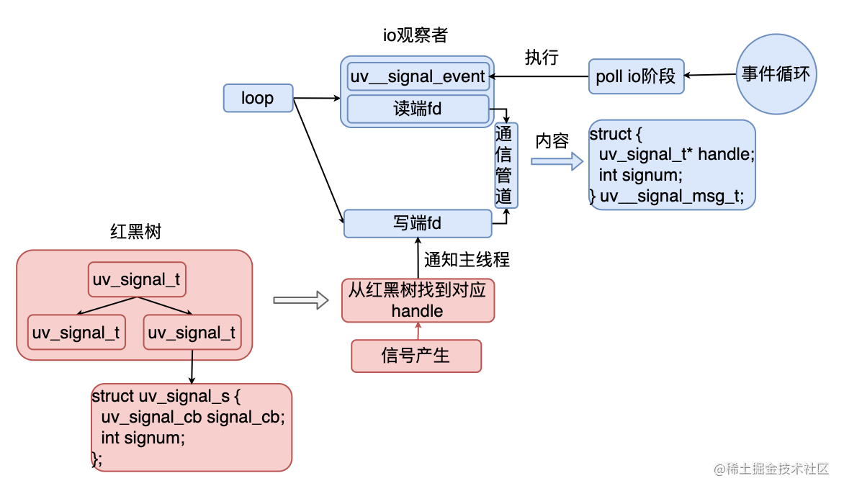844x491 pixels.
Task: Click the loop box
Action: pyautogui.click(x=258, y=98)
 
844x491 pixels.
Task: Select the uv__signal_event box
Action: pyautogui.click(x=418, y=76)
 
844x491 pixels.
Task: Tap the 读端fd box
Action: pyautogui.click(x=418, y=109)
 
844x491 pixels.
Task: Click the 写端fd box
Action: pyautogui.click(x=418, y=223)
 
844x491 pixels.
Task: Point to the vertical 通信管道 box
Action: pyautogui.click(x=506, y=165)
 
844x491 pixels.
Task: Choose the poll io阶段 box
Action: pyautogui.click(x=636, y=76)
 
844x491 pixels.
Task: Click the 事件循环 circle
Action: pyautogui.click(x=776, y=73)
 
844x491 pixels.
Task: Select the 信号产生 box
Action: pyautogui.click(x=416, y=356)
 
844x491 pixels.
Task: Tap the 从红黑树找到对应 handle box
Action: pyautogui.click(x=418, y=301)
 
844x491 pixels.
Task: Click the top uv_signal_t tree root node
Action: pyautogui.click(x=137, y=280)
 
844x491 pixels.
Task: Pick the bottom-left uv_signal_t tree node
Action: pyautogui.click(x=76, y=333)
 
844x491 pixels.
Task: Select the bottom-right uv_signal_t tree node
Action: pyautogui.click(x=192, y=333)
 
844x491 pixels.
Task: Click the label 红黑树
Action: pyautogui.click(x=135, y=232)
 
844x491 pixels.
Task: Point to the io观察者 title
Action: pyautogui.click(x=416, y=34)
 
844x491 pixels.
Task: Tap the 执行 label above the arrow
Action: pyautogui.click(x=542, y=58)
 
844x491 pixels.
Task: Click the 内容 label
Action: pyautogui.click(x=552, y=141)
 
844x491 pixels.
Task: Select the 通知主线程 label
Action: pyautogui.click(x=467, y=259)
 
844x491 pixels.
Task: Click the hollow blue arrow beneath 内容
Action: pyautogui.click(x=557, y=161)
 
